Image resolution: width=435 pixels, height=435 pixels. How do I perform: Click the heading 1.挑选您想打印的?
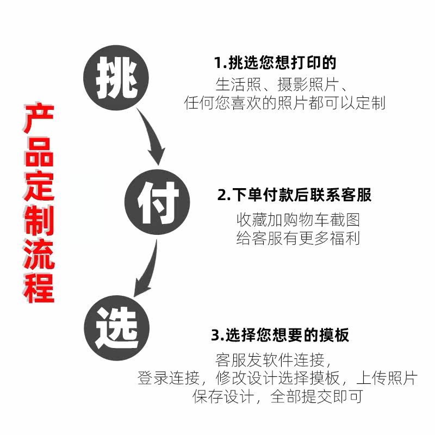pos(275,63)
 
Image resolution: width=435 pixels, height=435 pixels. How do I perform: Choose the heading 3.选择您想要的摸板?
pos(280,335)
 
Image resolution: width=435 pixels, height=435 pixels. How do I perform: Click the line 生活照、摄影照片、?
pos(282,85)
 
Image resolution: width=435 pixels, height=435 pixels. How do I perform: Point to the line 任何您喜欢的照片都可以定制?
pos(285,103)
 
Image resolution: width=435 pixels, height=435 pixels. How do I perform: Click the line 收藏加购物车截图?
pos(298,220)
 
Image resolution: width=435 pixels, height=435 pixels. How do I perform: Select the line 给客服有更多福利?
pos(298,238)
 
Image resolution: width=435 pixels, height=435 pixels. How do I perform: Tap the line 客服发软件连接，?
pos(273,360)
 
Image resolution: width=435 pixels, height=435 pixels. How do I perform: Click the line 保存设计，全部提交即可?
pos(277,396)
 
